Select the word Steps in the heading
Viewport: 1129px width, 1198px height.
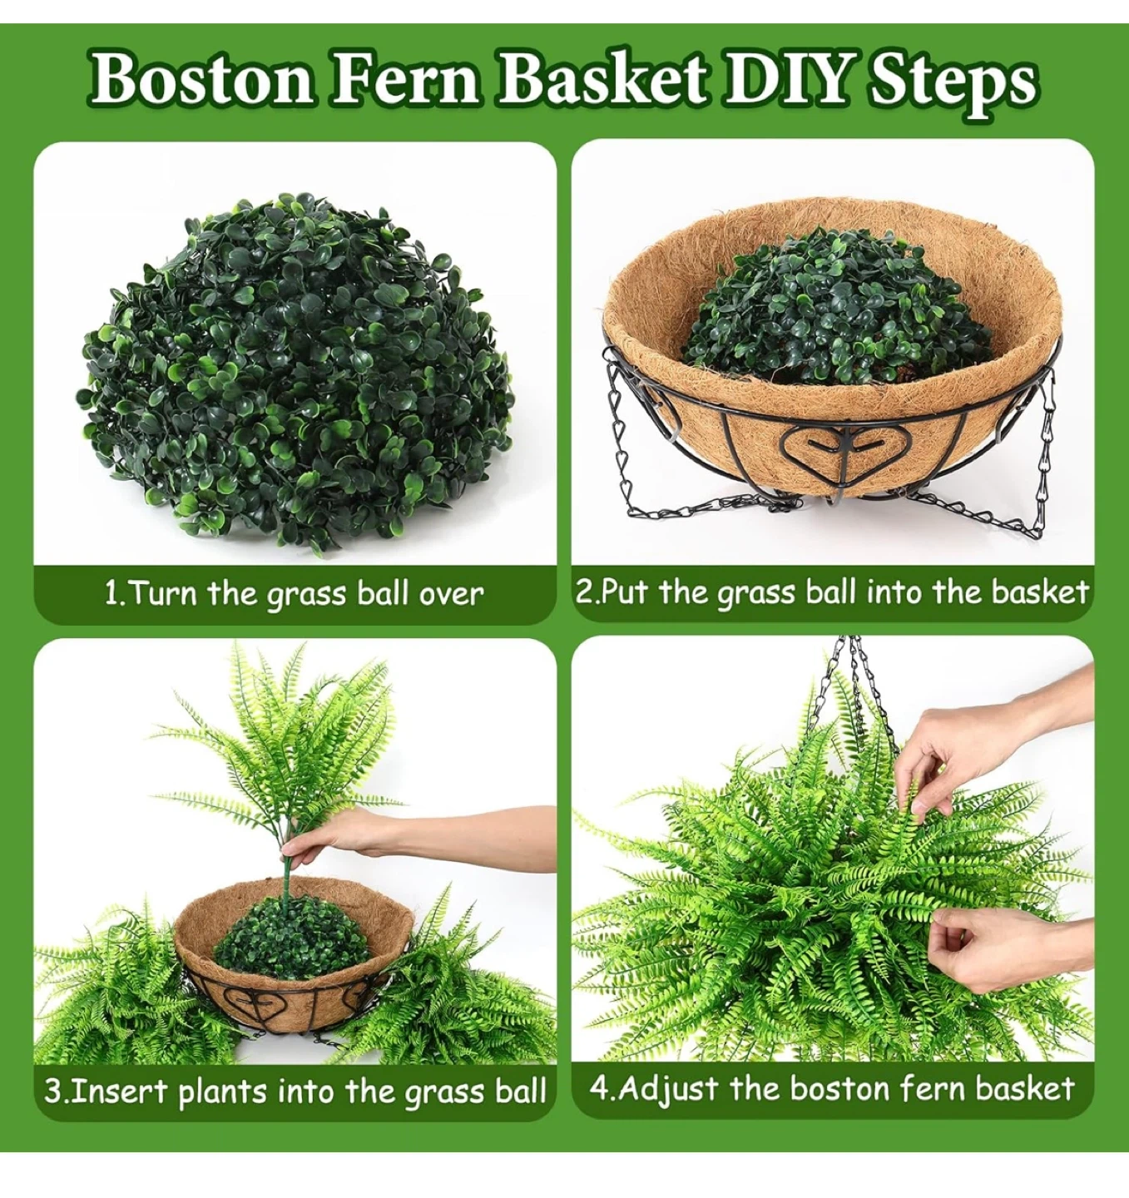click(x=952, y=85)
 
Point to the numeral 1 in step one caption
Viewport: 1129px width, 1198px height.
click(x=111, y=594)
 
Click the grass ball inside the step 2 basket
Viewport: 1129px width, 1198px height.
click(x=836, y=308)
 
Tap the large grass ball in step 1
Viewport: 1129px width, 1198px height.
click(x=295, y=374)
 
